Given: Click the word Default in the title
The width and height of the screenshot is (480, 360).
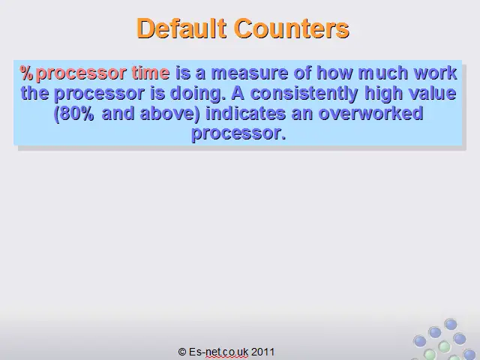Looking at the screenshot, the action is (181, 28).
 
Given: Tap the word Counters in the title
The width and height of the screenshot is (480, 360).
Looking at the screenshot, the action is (292, 28).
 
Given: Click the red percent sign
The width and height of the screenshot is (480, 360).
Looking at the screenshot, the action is (27, 73).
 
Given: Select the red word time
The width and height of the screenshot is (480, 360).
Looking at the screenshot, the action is (151, 73).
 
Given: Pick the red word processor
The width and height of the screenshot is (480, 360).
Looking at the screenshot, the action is (81, 74).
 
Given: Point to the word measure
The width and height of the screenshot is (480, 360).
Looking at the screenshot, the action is (250, 73).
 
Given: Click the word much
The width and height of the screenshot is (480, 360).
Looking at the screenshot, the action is (383, 73).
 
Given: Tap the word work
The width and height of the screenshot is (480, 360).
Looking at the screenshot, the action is (435, 73).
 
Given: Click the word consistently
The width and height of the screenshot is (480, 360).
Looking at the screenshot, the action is (304, 93).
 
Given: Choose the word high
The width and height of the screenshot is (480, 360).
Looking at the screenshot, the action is (383, 93).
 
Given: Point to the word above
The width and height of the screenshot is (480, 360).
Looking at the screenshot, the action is (169, 113).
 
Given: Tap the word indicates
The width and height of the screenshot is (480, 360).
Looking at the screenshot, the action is (246, 113).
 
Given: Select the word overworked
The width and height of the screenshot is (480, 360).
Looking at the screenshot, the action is (370, 113).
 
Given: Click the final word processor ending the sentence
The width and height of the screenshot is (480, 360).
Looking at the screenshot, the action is (238, 133).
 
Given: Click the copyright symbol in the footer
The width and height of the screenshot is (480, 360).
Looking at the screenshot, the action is (182, 352).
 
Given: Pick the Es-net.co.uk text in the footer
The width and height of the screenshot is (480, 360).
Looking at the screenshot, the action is (218, 352).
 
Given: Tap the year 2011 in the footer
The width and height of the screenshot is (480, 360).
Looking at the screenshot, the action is (262, 352).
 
